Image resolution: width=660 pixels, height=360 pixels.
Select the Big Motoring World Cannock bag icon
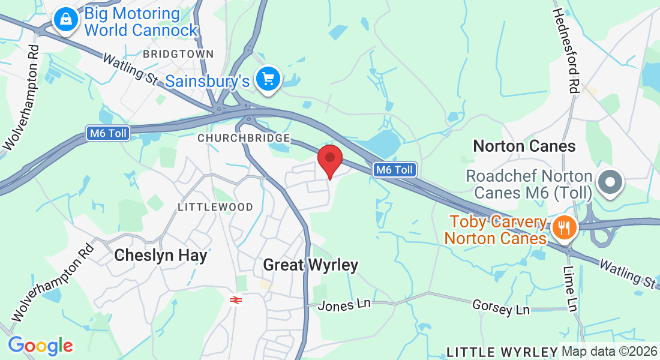[x=65, y=20]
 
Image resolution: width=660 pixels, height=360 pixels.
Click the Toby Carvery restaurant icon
[x=563, y=227]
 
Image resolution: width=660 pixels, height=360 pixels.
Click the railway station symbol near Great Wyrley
[x=236, y=299]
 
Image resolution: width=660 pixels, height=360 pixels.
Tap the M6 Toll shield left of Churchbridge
[x=108, y=133]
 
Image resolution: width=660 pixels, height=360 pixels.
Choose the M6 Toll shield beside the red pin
[x=394, y=170]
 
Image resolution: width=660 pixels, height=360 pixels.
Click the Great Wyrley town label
[x=311, y=265]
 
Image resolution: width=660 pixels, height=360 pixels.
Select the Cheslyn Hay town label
[x=161, y=256]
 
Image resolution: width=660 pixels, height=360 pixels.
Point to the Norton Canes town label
[x=524, y=146]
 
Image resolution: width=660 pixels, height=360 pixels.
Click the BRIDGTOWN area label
[x=178, y=54]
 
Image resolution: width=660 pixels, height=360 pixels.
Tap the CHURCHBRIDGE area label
[x=244, y=138]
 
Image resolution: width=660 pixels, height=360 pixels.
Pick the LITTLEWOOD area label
[x=215, y=207]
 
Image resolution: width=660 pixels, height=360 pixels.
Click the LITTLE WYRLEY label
[x=502, y=352]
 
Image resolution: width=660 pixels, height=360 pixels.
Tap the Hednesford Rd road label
[x=565, y=50]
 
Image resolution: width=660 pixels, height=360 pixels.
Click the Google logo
[x=40, y=346]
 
